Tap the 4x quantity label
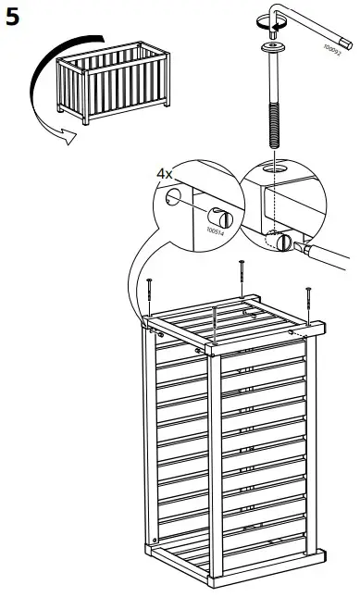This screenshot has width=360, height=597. (x=164, y=172)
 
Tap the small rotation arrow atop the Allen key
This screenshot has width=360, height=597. (x=273, y=12)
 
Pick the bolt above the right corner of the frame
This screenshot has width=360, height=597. (x=308, y=302)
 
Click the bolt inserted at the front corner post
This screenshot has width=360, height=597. (x=214, y=324)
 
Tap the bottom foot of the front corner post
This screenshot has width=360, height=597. (x=212, y=584)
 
